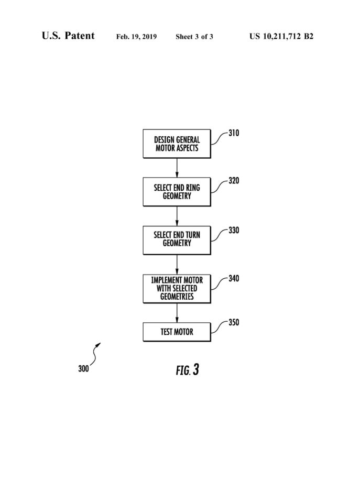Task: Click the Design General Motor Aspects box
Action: [177, 144]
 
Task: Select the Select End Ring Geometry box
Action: [177, 192]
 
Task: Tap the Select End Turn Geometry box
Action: [177, 240]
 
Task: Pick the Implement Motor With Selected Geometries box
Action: [177, 289]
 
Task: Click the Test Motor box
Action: [177, 332]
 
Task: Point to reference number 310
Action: [234, 133]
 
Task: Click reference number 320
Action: [234, 181]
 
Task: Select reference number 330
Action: [234, 230]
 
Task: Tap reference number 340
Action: [234, 279]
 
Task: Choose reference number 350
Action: [234, 322]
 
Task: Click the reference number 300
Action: [83, 368]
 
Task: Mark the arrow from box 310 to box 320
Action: [177, 168]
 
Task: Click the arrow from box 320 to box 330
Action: [177, 216]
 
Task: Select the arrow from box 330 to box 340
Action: [177, 265]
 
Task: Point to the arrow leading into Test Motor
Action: [177, 313]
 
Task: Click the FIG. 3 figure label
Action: [188, 370]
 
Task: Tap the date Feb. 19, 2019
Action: [136, 37]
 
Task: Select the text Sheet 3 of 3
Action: [194, 37]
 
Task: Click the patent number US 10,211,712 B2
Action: [281, 37]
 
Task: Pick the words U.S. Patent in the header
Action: [68, 36]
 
